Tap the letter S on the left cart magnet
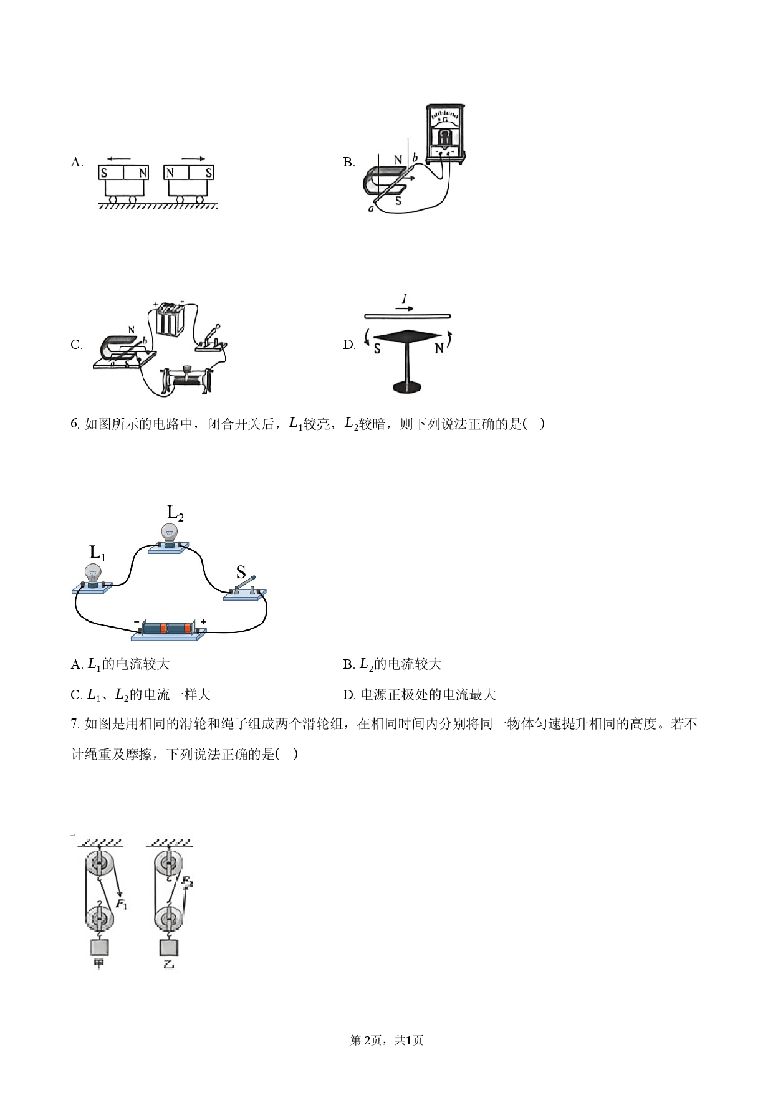105,173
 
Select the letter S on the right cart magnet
209,173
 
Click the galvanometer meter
444,133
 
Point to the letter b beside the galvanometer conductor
415,158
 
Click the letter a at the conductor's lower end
370,209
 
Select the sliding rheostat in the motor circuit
186,379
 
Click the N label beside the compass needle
439,349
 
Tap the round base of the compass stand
408,387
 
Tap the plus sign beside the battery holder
204,622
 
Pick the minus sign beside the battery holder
137,622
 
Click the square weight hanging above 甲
99,946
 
